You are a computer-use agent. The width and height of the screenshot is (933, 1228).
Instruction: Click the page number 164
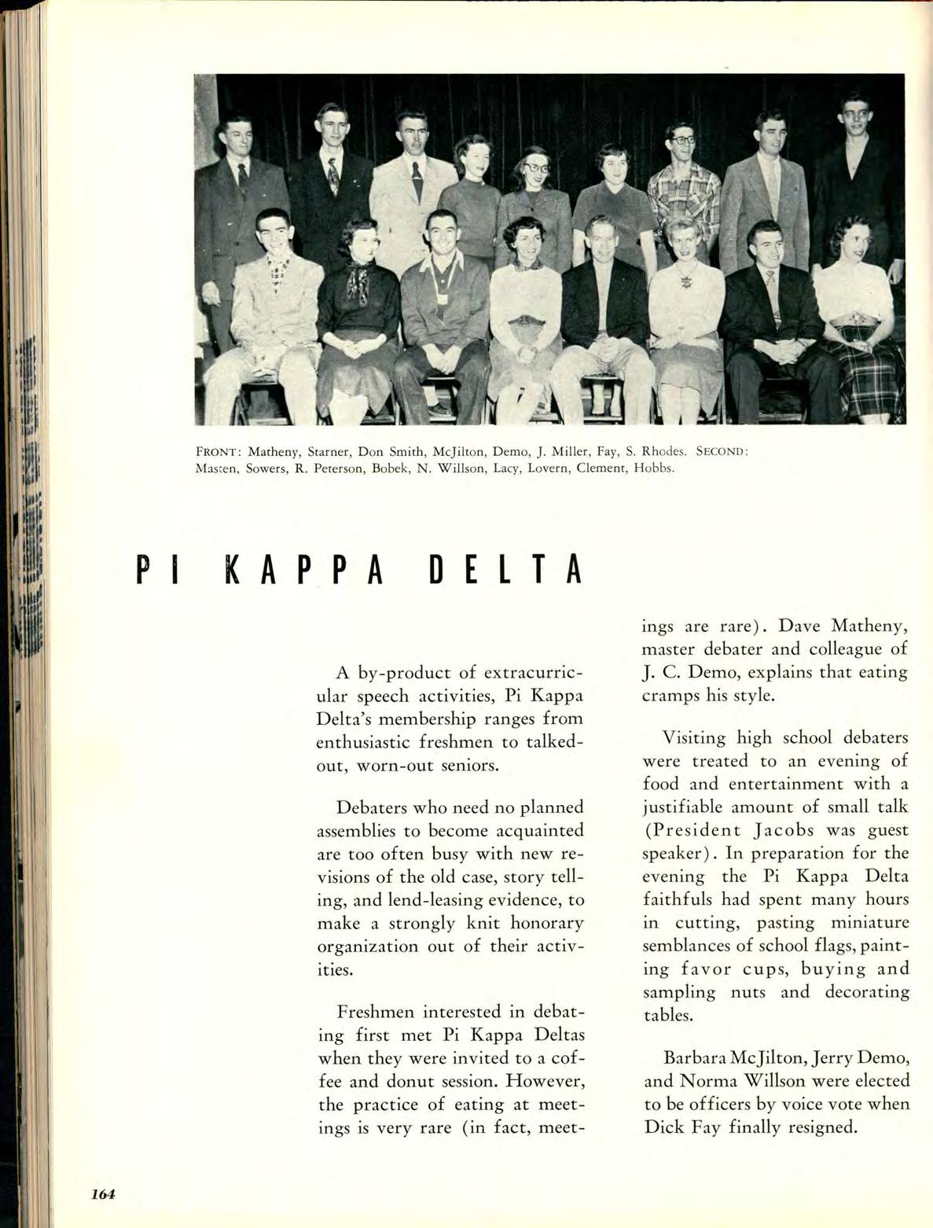point(102,1194)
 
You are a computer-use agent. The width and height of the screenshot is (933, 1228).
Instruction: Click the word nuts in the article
point(748,991)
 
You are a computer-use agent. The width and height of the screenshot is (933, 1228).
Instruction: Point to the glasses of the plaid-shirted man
point(683,141)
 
